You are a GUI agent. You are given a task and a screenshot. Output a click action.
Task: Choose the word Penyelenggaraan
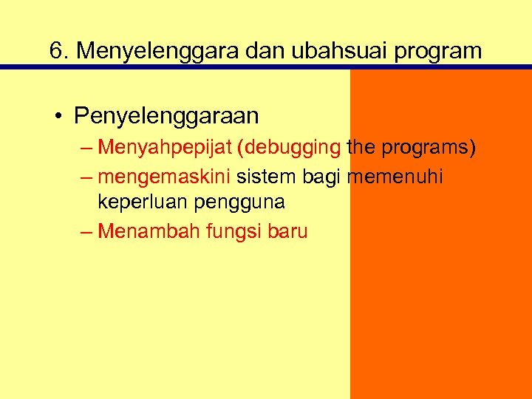pyautogui.click(x=166, y=116)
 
